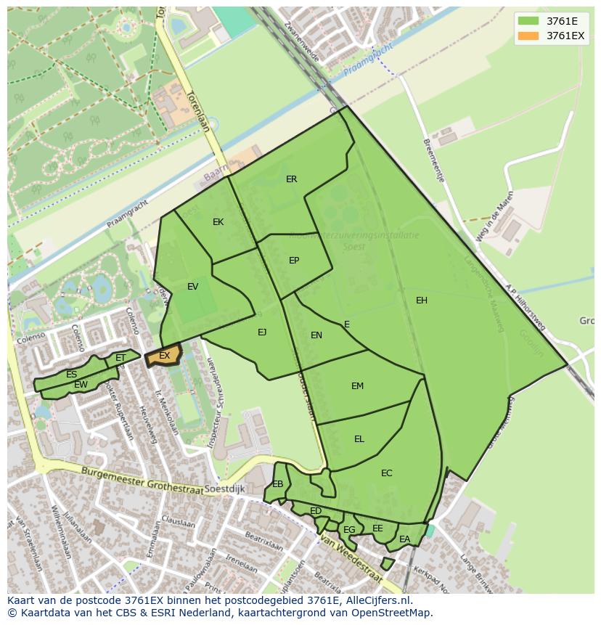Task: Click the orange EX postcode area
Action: coord(163,356)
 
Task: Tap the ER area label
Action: coord(291,179)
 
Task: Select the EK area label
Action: coord(218,222)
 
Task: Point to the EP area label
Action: coord(294,261)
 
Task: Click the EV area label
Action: coord(192,287)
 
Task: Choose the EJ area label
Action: coord(262,332)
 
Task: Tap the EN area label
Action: coord(316,335)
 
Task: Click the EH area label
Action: coord(422,301)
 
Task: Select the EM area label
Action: coord(357,386)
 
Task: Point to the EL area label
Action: coord(359,439)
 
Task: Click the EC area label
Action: coord(386,473)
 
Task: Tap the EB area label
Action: coord(278,484)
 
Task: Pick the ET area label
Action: coord(120,358)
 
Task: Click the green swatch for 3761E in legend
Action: coord(529,21)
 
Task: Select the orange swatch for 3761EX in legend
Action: coord(529,36)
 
